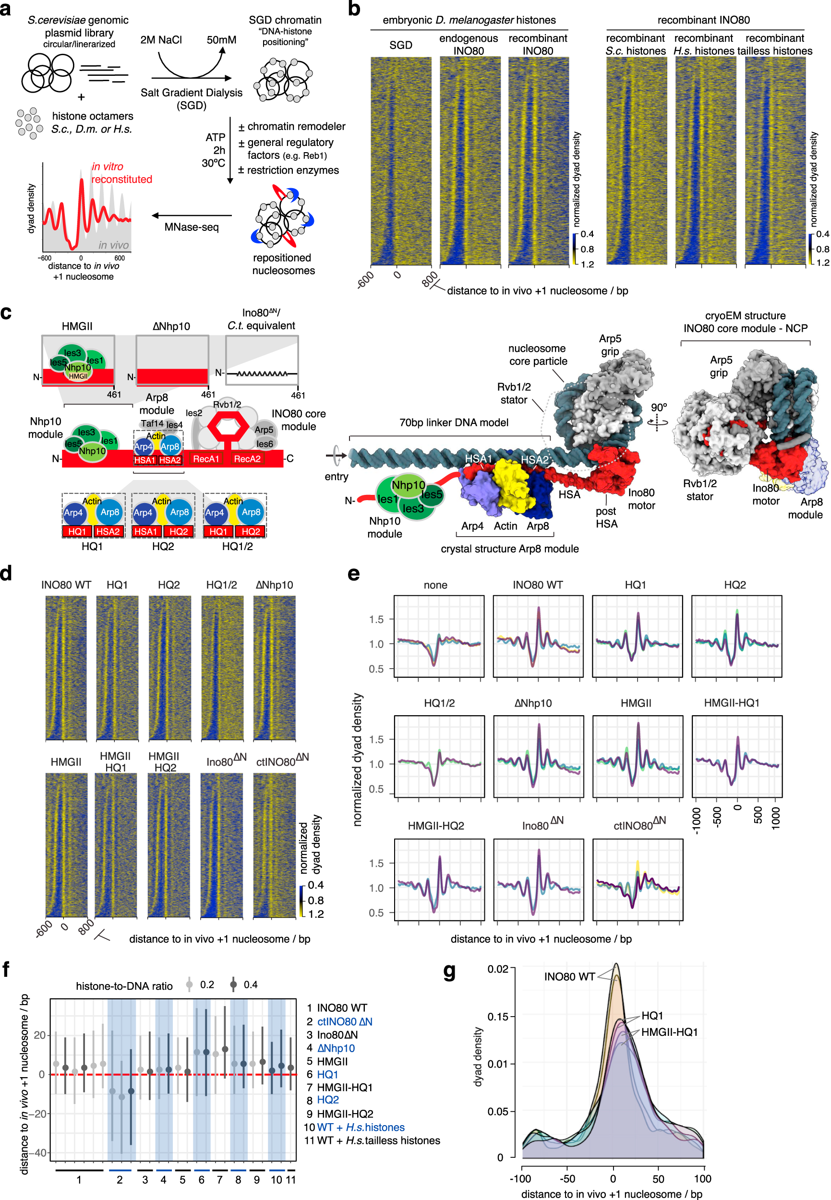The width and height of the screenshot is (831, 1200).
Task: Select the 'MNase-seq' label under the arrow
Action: [x=191, y=227]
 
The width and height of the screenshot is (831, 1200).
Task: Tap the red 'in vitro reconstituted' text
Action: [x=121, y=173]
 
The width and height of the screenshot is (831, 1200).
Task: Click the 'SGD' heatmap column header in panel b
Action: [x=400, y=45]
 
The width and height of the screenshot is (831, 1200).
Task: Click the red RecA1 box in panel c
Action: [x=206, y=459]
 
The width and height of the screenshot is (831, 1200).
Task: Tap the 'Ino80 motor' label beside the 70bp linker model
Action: [x=641, y=499]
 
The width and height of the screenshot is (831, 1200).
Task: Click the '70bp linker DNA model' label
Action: [x=454, y=422]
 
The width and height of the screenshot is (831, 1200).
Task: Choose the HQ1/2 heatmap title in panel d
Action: [x=221, y=585]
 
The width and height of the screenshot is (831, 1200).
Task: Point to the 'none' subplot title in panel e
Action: [x=435, y=585]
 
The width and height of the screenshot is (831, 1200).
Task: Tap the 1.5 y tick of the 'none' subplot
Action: [x=376, y=620]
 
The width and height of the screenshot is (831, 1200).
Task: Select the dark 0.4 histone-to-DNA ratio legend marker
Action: [x=234, y=984]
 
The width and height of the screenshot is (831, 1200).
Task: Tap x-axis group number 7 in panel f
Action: [x=219, y=1180]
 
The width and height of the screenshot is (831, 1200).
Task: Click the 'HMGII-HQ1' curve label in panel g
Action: [x=669, y=1032]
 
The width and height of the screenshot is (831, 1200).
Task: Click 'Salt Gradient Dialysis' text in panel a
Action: [x=191, y=93]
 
